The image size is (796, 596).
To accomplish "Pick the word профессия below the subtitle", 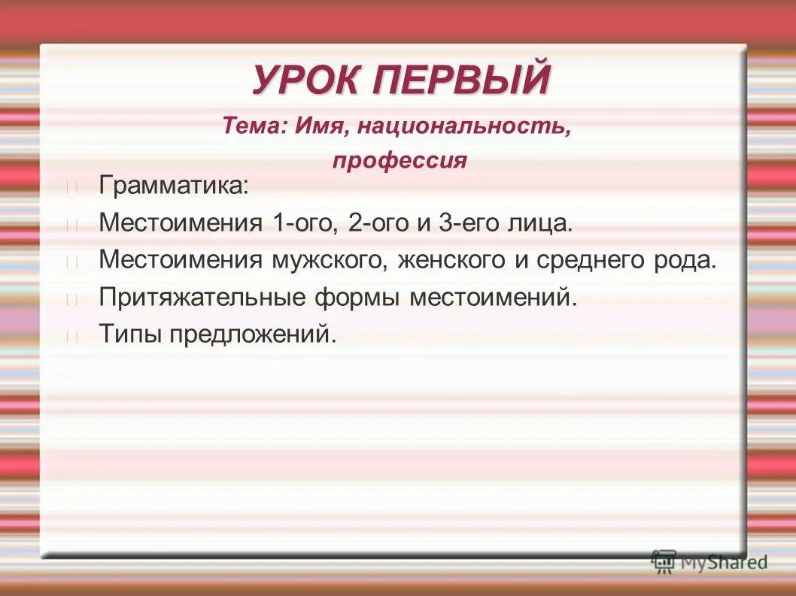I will (x=400, y=161).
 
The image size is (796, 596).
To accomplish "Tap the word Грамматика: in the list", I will (x=173, y=186).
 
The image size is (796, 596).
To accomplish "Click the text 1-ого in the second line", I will (x=302, y=222).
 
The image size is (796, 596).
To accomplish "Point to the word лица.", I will (x=537, y=222).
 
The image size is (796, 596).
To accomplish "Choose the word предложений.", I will (x=252, y=334).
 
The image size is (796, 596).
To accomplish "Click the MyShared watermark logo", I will (x=709, y=561).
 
